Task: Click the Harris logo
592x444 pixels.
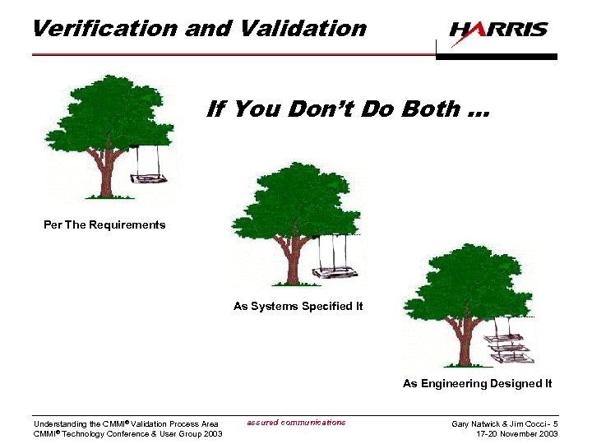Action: click(497, 30)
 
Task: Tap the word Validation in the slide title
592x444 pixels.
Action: click(303, 28)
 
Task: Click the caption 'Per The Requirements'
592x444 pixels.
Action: click(104, 225)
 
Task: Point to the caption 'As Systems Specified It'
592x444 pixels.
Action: click(298, 307)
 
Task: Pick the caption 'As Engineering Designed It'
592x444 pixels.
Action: click(477, 383)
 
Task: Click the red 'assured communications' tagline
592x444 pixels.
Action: click(296, 423)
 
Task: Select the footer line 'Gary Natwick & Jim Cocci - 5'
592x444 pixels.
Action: click(505, 423)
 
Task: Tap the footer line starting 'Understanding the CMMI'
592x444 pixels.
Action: click(126, 424)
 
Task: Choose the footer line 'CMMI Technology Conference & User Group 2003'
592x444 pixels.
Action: click(127, 434)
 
